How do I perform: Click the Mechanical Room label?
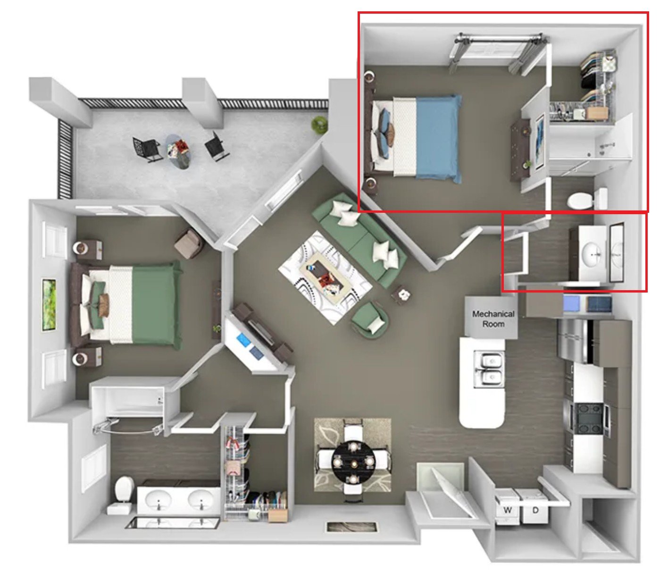pos(493,318)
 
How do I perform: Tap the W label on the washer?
pos(508,510)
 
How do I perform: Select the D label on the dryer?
pos(535,510)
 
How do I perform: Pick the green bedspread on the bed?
pos(157,305)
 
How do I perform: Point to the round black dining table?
pos(354,463)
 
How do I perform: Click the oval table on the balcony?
pos(179,151)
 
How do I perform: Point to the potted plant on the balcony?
pos(320,125)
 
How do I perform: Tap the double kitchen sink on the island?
pos(489,369)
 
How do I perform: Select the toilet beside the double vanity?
pos(124,491)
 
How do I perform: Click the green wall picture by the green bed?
pos(50,305)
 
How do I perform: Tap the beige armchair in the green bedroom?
pos(189,243)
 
